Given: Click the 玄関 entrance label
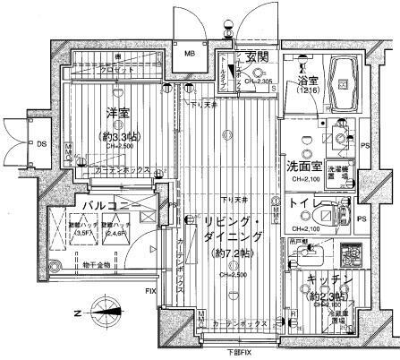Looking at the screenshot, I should [x=258, y=60].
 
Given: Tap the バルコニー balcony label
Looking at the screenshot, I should [x=85, y=206].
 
